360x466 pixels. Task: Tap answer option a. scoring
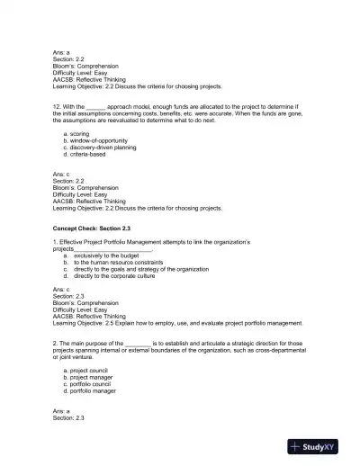pos(80,134)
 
